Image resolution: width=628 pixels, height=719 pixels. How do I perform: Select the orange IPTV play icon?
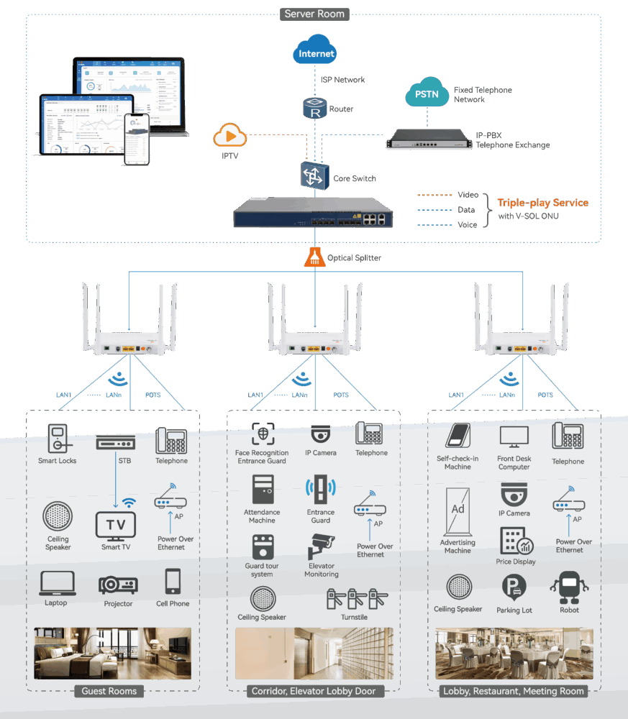point(229,135)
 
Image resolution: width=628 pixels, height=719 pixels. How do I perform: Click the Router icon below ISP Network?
point(314,109)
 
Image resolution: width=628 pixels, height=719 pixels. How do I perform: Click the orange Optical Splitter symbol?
point(313,257)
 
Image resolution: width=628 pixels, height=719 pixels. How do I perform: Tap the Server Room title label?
point(314,14)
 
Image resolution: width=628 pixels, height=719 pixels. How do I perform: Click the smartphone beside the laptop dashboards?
point(137,139)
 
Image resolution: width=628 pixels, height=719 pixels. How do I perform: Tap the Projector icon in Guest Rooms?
point(118,585)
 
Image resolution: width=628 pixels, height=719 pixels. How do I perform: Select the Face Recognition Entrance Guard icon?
point(263,434)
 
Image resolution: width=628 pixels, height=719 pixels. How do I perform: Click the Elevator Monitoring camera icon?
point(321,547)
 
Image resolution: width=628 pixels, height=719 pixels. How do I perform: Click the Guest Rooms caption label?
point(109,691)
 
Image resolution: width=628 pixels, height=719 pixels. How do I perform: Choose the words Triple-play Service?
point(542,203)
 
